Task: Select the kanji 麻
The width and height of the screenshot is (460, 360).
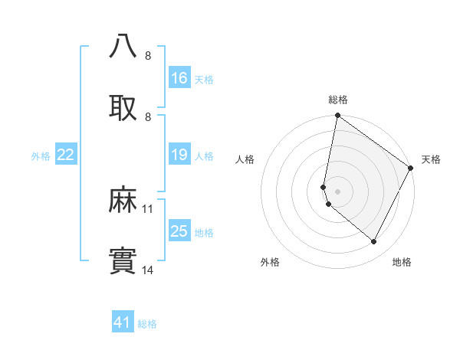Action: (x=123, y=200)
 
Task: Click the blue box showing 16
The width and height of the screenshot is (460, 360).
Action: (x=179, y=78)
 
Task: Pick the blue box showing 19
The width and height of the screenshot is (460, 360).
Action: (x=179, y=155)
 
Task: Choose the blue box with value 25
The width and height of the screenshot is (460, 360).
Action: (x=179, y=232)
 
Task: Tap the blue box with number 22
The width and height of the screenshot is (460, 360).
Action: (x=66, y=155)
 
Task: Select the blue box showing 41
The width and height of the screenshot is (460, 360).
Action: (x=123, y=323)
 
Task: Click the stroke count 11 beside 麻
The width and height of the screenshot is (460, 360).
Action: (x=148, y=208)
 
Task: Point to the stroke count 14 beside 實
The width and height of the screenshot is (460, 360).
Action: (x=148, y=270)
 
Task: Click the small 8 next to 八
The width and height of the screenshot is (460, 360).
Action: (x=147, y=55)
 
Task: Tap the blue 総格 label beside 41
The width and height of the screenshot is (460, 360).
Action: (x=147, y=324)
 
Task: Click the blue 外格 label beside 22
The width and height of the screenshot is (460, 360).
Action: (x=41, y=156)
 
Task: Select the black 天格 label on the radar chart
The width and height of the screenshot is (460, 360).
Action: (x=431, y=159)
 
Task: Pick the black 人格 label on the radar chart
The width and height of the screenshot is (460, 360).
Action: (x=245, y=159)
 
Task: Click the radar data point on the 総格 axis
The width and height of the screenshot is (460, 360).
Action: (x=337, y=116)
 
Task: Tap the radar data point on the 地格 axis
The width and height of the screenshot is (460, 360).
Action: (x=374, y=242)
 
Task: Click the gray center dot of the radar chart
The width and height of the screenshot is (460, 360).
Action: (x=337, y=191)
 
